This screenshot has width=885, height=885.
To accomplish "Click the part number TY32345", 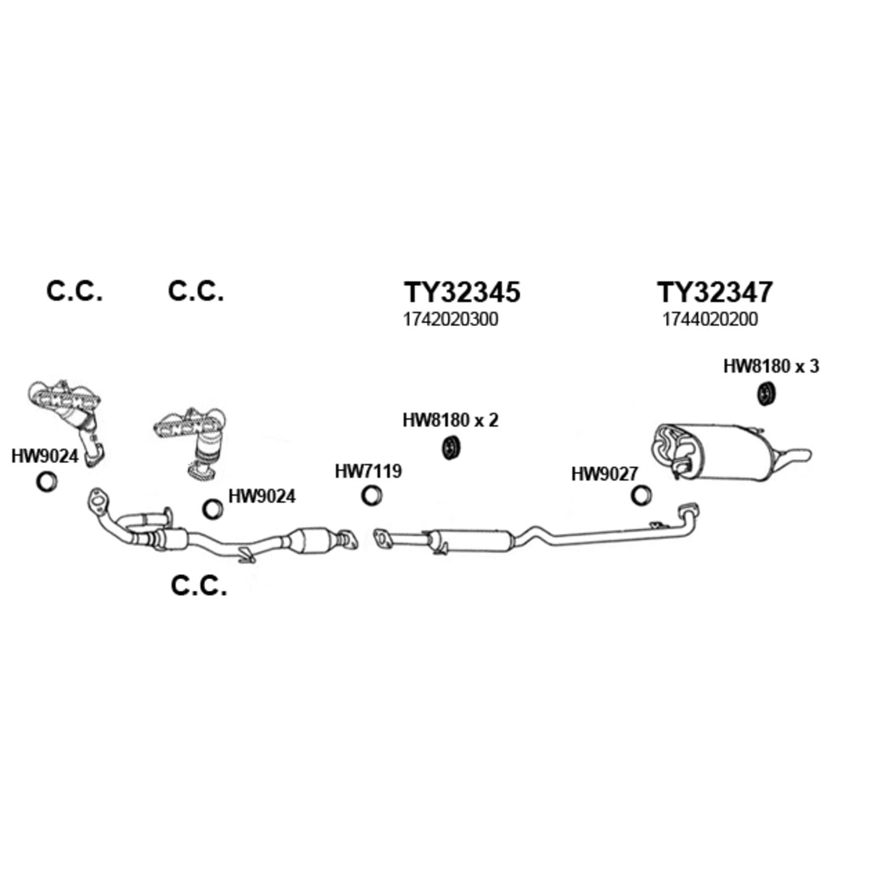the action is (462, 292).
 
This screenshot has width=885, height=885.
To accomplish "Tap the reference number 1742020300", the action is (451, 319).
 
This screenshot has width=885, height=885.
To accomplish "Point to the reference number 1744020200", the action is (710, 319).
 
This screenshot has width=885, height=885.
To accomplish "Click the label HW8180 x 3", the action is (771, 366).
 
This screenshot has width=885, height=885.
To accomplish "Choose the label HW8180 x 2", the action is (450, 420).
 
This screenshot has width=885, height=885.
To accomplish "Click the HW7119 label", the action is (368, 471).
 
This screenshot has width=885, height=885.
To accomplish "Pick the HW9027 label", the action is (605, 474).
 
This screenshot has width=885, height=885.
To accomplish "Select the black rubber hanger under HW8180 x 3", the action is (766, 394).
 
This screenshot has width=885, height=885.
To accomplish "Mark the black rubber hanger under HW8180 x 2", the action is (451, 448).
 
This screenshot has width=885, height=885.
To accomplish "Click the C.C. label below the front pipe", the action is (199, 586).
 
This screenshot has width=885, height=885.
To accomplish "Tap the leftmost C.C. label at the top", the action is (74, 291).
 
